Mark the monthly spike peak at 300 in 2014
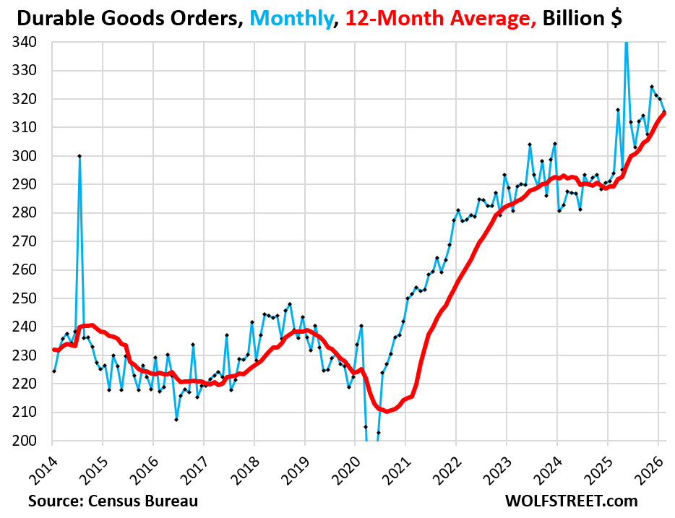pos(79,156)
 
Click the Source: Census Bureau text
pos(113,501)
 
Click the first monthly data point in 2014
pos(54,371)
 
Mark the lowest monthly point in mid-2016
pos(176,419)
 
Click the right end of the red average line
pos(665,112)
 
